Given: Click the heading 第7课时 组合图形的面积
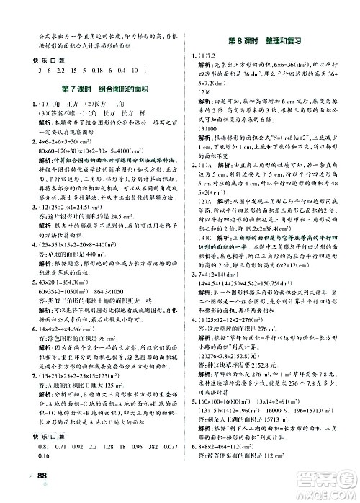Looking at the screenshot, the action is point(91,89).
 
